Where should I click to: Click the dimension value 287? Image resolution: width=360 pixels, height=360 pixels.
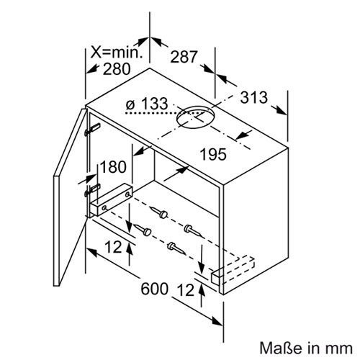[x=184, y=57]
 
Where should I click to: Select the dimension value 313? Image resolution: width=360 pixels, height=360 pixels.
[x=254, y=97]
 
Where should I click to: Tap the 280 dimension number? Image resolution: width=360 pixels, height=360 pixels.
[x=117, y=69]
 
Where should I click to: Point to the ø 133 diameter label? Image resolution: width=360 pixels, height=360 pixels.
[x=147, y=104]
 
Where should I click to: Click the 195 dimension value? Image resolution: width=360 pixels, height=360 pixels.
[x=213, y=154]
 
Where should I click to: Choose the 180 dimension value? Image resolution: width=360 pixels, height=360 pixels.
[x=113, y=167]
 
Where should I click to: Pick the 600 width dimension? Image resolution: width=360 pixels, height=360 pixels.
[x=154, y=289]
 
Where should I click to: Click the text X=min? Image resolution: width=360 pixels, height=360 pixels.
[x=117, y=52]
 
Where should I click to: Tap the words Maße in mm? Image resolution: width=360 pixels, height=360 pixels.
[x=306, y=348]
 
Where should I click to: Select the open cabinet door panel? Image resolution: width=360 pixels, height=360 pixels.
[x=70, y=197]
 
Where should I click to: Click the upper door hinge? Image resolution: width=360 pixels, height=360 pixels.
[x=92, y=130]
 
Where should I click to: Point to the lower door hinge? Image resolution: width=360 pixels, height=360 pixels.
[x=92, y=189]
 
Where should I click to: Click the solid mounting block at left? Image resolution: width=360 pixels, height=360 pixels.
[x=111, y=199]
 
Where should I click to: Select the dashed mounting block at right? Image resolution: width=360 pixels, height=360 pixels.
[x=233, y=271]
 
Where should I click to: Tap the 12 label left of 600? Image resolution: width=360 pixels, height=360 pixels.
[x=113, y=247]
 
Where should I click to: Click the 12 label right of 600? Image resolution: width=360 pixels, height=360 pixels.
[x=186, y=290]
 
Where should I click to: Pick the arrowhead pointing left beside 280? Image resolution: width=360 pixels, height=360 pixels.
[x=91, y=69]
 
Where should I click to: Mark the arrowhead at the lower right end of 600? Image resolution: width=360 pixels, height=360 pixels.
[x=217, y=321]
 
